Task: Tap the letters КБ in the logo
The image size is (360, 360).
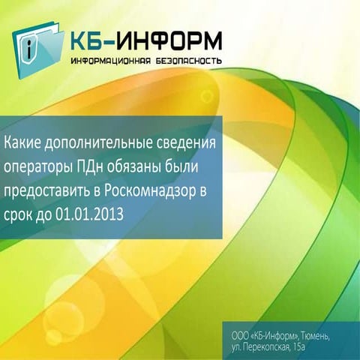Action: [x=91, y=39]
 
